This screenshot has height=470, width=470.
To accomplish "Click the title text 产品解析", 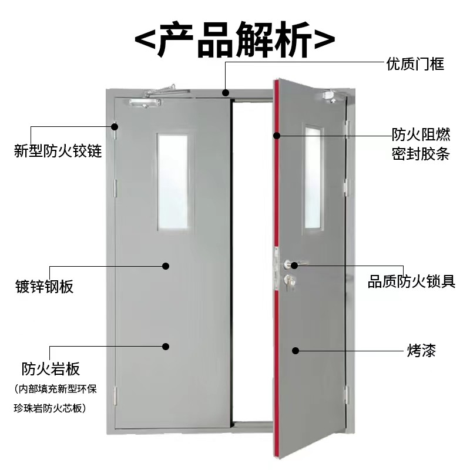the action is coord(235,39).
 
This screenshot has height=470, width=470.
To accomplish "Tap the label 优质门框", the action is coord(415,63).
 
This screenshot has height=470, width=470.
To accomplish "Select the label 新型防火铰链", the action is coord(58,152).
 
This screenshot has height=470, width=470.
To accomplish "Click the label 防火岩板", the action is coord(51,370).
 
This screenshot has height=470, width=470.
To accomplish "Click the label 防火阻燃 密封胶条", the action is coord(421,145).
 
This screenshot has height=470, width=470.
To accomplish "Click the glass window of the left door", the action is coord(173,182).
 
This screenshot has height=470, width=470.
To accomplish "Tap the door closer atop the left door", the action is coord(157,97).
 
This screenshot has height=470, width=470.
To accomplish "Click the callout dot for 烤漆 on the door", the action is coord(296,351).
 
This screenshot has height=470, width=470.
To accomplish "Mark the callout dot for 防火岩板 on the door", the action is coord(166,347).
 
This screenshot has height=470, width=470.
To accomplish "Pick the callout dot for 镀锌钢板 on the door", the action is coord(166,266).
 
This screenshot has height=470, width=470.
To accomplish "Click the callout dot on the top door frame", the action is coord(225,92).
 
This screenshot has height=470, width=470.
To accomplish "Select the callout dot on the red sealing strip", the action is coord(277,136).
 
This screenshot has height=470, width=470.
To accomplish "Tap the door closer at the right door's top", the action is coord(330,93).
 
